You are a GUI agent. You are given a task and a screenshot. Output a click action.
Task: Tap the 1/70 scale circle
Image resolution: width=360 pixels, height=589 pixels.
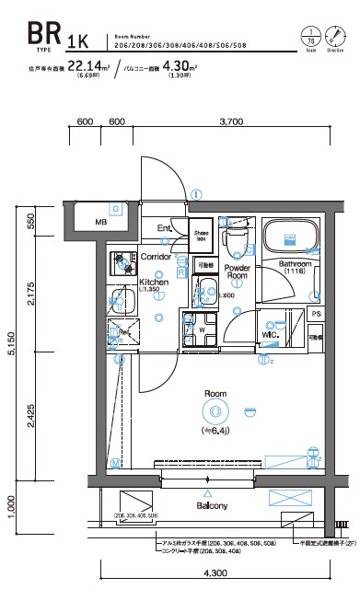click(x=309, y=38)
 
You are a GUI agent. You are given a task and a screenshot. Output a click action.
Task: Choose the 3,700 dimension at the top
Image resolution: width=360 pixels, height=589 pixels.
click(x=230, y=121)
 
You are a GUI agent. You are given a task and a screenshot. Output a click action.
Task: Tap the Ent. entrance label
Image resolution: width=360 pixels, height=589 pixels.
click(x=165, y=228)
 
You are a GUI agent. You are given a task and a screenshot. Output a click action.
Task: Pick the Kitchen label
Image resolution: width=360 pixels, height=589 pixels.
click(x=153, y=282)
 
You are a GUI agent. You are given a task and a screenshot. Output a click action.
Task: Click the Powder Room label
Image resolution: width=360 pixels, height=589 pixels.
click(x=238, y=271)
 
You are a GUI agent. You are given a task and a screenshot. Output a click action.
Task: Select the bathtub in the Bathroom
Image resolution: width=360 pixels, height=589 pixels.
click(x=288, y=239)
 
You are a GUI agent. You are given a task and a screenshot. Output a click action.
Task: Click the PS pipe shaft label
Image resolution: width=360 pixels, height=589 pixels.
click(x=316, y=314)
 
